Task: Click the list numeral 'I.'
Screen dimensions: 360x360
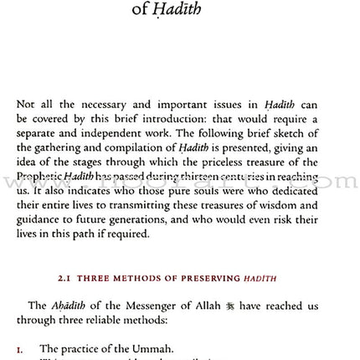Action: tap(20, 348)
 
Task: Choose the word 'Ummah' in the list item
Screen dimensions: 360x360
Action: tap(152, 348)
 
